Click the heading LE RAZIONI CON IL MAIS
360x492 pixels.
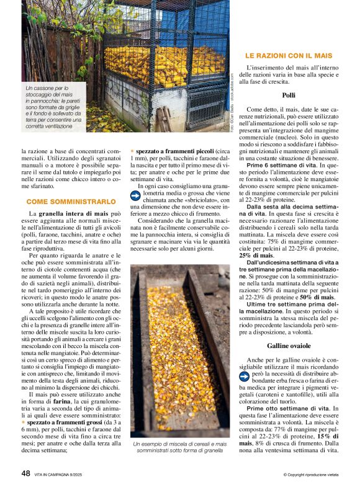pos(289,55)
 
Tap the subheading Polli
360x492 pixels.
pos(288,95)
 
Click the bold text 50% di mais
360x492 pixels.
pos(315,298)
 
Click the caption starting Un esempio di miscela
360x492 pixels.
pos(179,449)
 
